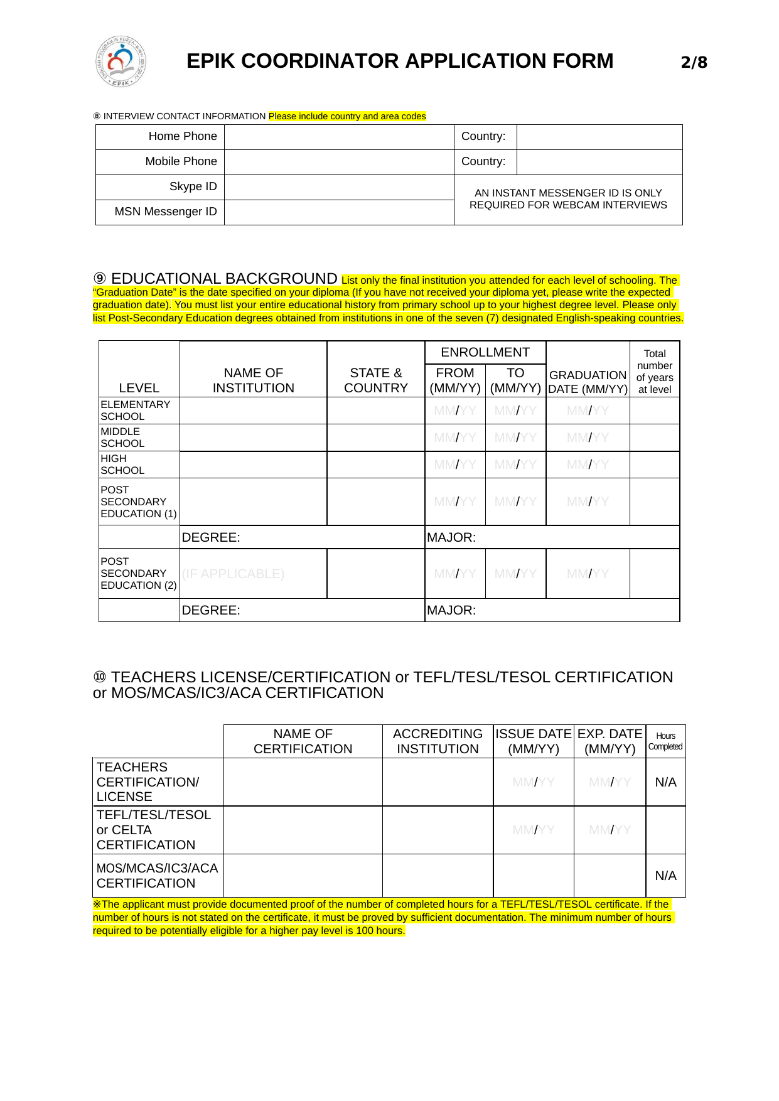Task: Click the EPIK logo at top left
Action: [x=121, y=62]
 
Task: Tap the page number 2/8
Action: [x=694, y=62]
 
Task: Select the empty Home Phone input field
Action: [x=339, y=137]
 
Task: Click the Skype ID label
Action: [x=193, y=186]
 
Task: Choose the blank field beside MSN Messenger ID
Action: [x=339, y=212]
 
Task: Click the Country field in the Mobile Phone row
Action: [x=599, y=162]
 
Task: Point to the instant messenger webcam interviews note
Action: [x=568, y=199]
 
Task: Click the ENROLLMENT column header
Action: [x=485, y=352]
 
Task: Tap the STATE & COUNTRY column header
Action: [x=375, y=380]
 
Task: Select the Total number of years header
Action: [x=654, y=371]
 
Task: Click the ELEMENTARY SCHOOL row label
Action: [x=136, y=411]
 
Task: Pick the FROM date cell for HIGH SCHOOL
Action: [x=455, y=465]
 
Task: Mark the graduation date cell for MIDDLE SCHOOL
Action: [x=588, y=438]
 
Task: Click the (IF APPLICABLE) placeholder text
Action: [x=233, y=574]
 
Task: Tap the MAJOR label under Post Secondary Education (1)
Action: [x=451, y=537]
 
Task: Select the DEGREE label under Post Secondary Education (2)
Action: [x=211, y=610]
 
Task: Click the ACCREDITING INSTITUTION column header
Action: [x=438, y=741]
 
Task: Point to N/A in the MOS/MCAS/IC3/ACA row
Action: [x=665, y=876]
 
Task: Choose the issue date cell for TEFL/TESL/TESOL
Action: [x=533, y=830]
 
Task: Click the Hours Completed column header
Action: [x=665, y=741]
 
